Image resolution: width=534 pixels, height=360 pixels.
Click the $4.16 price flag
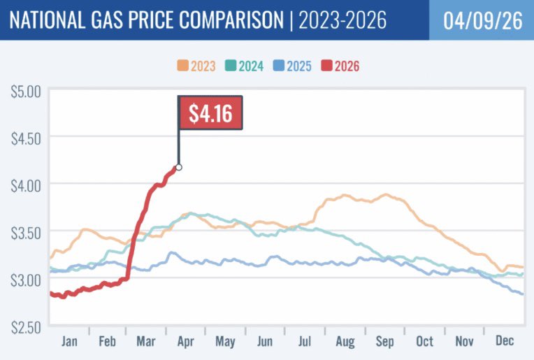pyautogui.click(x=210, y=113)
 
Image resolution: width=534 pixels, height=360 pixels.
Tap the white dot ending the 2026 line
pyautogui.click(x=179, y=167)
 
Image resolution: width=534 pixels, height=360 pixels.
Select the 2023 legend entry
pyautogui.click(x=196, y=66)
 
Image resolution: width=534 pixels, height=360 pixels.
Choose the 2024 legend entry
pyautogui.click(x=244, y=66)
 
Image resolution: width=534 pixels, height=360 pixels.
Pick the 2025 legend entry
pyautogui.click(x=292, y=66)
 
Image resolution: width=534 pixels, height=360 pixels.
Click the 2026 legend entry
pyautogui.click(x=340, y=66)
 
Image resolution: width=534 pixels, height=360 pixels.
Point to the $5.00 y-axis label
pyautogui.click(x=26, y=92)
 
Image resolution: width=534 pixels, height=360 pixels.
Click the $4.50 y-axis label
pyautogui.click(x=26, y=139)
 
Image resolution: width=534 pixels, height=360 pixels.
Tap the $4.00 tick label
pyautogui.click(x=26, y=186)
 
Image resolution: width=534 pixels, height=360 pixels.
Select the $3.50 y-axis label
pyautogui.click(x=26, y=233)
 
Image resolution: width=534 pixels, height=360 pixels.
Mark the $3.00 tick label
pyautogui.click(x=26, y=280)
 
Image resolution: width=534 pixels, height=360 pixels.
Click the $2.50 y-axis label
pyautogui.click(x=26, y=327)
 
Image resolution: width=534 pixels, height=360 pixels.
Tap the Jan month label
pyautogui.click(x=69, y=341)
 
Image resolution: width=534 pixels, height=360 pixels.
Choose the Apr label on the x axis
pyautogui.click(x=186, y=342)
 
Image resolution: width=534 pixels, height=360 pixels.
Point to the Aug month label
pyautogui.click(x=345, y=342)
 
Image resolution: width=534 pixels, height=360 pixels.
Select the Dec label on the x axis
pyautogui.click(x=505, y=340)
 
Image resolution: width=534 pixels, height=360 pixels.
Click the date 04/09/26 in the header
pyautogui.click(x=483, y=20)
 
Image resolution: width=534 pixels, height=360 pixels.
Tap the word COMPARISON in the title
pyautogui.click(x=231, y=20)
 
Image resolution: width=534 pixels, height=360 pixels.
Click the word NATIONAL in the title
pyautogui.click(x=48, y=20)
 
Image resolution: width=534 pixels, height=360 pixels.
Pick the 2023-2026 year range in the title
pyautogui.click(x=342, y=20)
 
